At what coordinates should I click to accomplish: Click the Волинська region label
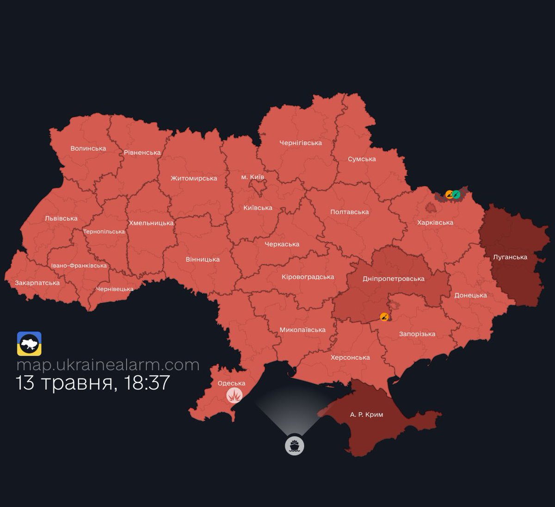tap(88, 148)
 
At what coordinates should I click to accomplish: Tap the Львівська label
tap(61, 218)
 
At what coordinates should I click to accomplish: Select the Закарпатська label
tap(37, 283)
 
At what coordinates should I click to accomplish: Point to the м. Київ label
tap(253, 177)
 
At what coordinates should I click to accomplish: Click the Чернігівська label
tap(301, 143)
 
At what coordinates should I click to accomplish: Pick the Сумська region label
tap(362, 159)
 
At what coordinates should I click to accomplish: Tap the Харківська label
tap(435, 223)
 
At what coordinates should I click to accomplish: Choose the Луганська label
tap(510, 257)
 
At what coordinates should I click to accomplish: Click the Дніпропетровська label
tap(394, 279)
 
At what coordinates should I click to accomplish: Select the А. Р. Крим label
tap(366, 414)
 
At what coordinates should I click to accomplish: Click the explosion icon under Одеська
tap(234, 396)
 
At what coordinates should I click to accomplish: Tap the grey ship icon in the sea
tap(295, 446)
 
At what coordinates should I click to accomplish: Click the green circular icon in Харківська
tap(456, 195)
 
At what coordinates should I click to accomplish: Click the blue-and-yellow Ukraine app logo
tap(29, 344)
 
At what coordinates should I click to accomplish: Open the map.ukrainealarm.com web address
tap(108, 365)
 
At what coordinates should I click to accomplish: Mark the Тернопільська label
tap(104, 232)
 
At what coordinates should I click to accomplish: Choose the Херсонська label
tap(350, 358)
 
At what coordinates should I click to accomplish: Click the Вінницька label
tap(203, 260)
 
